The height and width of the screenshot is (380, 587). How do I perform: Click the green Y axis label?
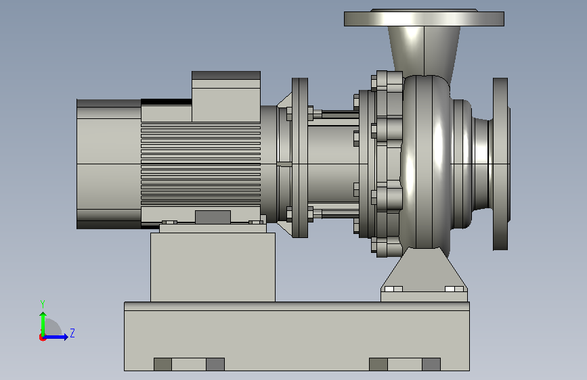[x=43, y=304]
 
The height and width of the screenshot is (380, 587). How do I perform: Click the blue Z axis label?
[x=72, y=333]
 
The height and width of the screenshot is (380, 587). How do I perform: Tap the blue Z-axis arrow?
[x=56, y=337]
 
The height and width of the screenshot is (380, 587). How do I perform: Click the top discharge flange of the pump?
[x=424, y=18]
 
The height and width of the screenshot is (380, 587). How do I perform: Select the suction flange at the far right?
[x=500, y=164]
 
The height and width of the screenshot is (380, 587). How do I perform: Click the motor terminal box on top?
[x=226, y=96]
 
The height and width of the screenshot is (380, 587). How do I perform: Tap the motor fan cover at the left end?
[x=108, y=164]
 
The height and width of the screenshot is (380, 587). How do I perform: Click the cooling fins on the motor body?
[x=200, y=164]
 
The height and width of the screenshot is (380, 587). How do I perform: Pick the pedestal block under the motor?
[x=213, y=267]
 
